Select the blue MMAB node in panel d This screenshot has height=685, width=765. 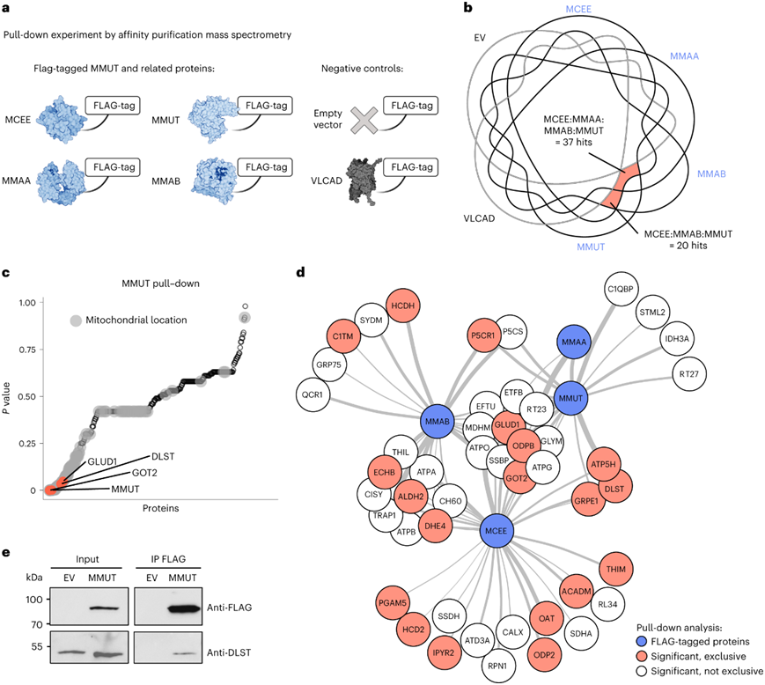pyautogui.click(x=438, y=424)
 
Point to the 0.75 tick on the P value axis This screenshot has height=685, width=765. pyautogui.click(x=32, y=350)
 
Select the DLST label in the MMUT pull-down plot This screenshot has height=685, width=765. pyautogui.click(x=162, y=457)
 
